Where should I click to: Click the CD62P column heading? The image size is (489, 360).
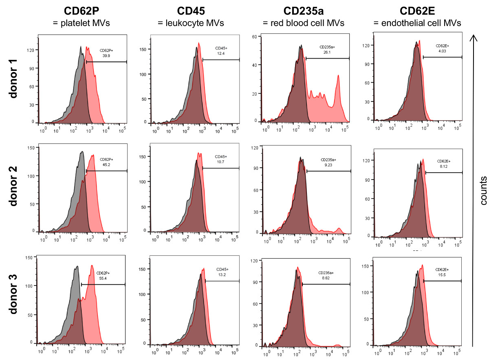tap(81, 11)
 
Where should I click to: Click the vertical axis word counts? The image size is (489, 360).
tap(483, 190)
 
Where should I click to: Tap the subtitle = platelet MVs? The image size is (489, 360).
tap(81, 23)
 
